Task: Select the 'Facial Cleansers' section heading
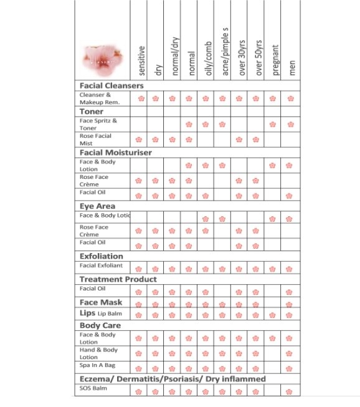point(111,85)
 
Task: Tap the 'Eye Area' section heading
point(97,206)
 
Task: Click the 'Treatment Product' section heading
point(118,279)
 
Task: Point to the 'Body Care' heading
point(100,325)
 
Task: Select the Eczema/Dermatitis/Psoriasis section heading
point(173,379)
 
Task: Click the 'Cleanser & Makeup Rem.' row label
point(100,98)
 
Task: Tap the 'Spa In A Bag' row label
point(97,367)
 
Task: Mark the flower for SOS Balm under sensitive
point(140,392)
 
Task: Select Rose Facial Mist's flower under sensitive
point(140,140)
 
